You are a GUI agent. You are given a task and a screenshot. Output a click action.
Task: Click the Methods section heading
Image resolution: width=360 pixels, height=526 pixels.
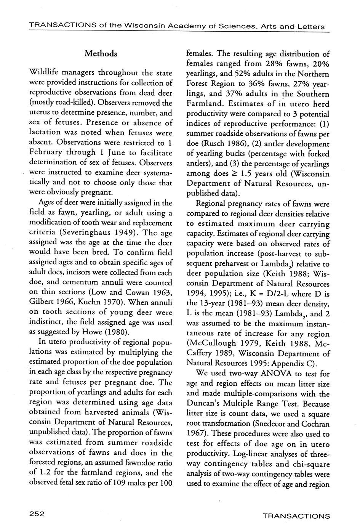[101, 54]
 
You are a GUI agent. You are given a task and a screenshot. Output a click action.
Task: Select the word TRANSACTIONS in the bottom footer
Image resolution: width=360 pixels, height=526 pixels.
[296, 516]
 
